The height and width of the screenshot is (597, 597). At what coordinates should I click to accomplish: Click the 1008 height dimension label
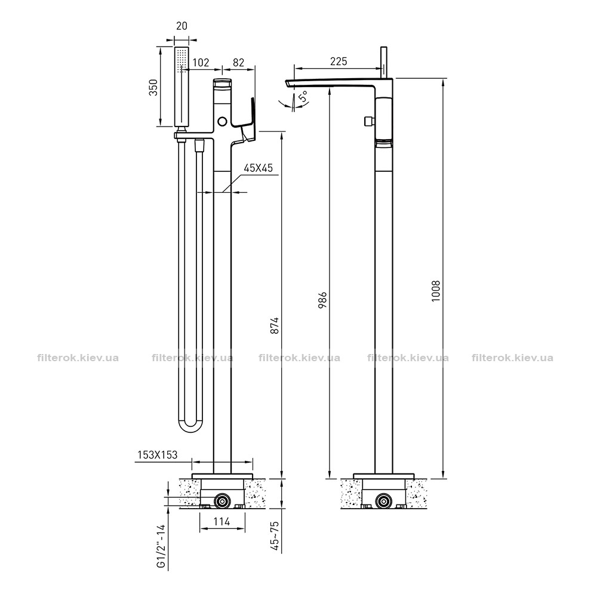[436, 291]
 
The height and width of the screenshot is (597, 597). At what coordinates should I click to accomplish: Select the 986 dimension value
[322, 300]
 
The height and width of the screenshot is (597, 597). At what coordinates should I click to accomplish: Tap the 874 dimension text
[275, 325]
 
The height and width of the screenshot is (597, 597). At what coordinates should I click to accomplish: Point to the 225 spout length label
[338, 61]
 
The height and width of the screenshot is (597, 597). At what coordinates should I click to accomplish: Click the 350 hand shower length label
[153, 87]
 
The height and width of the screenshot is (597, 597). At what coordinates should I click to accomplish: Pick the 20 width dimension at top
[181, 26]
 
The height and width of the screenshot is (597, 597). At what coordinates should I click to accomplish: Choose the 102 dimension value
[201, 62]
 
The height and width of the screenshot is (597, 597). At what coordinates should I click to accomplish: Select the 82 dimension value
[238, 62]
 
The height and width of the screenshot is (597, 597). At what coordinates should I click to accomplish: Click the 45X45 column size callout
[259, 168]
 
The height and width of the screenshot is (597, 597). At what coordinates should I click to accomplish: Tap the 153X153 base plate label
[157, 454]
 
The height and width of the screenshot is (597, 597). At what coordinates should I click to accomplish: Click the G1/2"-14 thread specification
[162, 546]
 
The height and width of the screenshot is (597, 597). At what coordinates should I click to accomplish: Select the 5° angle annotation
[303, 97]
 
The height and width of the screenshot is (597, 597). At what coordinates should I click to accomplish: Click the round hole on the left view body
[222, 122]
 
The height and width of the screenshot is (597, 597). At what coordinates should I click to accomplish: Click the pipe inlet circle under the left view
[221, 501]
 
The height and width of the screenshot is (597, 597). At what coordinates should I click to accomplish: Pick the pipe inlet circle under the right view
[383, 501]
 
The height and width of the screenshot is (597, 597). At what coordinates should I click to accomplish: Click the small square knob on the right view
[368, 121]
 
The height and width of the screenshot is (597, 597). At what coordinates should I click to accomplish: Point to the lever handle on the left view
[247, 120]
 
